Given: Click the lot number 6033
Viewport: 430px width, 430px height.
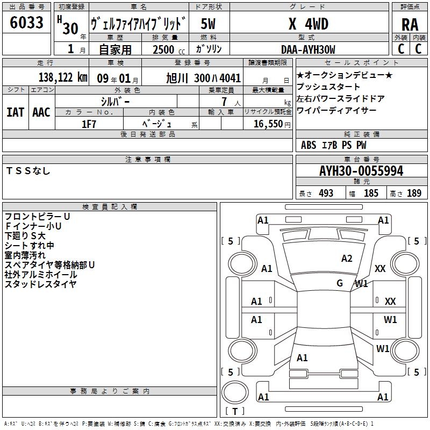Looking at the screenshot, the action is coord(26,23).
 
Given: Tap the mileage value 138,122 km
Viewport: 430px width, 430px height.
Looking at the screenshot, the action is coord(63,77).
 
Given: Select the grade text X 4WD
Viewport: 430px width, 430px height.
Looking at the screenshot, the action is coord(309,24).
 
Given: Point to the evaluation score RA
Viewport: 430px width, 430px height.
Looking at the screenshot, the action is coord(410,25).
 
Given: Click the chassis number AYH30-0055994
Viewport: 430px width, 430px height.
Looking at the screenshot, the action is coord(361,171).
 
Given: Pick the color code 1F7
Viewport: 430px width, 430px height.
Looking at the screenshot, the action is coord(89,124).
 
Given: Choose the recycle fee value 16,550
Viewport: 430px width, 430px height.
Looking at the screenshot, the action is coord(268,124).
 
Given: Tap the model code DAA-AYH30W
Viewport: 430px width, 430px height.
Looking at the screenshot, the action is coord(308,49).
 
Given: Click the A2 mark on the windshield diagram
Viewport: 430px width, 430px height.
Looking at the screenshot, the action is coord(347,259).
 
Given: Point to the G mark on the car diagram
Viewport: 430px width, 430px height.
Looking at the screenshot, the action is coord(340,283).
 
